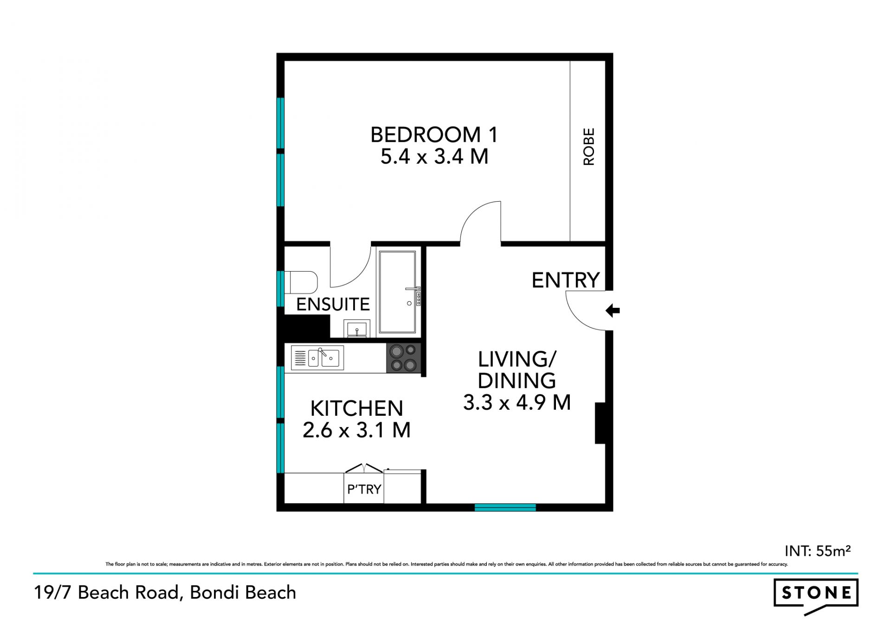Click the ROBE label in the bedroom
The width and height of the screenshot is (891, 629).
[x=588, y=146]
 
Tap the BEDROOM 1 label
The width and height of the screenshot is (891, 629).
[x=434, y=135]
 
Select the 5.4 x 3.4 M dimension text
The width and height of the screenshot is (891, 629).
[x=434, y=156]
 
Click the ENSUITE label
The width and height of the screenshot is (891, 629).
[x=333, y=305]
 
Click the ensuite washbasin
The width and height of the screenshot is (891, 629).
[x=357, y=329]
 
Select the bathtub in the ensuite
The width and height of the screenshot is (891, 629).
[x=397, y=292]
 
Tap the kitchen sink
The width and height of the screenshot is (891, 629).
[x=318, y=358]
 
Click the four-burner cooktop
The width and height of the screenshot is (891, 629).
[x=403, y=358]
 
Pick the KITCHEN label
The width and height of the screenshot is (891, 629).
[x=356, y=408]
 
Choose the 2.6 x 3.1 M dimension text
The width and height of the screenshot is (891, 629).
[x=356, y=430]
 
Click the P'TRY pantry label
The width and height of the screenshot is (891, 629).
[x=364, y=489]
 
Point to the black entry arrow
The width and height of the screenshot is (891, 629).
[x=613, y=311]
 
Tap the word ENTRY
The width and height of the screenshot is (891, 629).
[x=566, y=280]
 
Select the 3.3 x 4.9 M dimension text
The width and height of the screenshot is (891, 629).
[x=517, y=402]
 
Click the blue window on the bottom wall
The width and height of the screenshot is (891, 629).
[x=505, y=508]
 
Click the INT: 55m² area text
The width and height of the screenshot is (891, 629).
[x=817, y=551]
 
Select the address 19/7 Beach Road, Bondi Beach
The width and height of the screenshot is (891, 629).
[x=165, y=593]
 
